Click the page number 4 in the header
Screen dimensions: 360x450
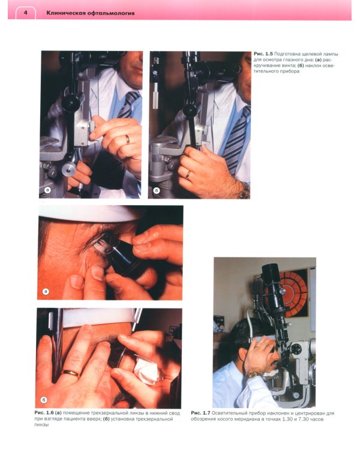coord(26,13)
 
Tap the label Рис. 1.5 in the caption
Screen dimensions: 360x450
coord(263,54)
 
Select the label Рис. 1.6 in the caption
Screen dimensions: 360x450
coord(44,413)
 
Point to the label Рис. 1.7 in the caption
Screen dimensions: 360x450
coord(200,413)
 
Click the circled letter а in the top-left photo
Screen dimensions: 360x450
coord(47,190)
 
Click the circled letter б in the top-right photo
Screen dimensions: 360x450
coord(157,190)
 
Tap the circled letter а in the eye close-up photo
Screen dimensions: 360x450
coord(46,292)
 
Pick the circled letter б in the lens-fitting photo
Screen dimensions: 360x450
coord(44,400)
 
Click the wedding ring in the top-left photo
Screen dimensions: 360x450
coord(127,139)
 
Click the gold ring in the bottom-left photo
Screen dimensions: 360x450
coord(70,373)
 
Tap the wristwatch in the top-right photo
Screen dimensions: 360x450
coord(244,190)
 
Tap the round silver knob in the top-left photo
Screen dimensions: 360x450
coord(68,169)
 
